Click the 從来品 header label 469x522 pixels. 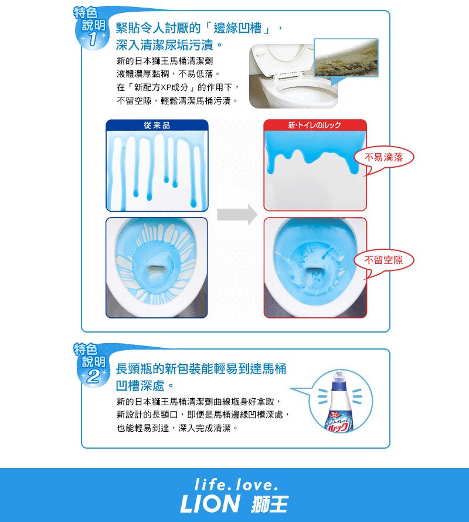click(x=157, y=125)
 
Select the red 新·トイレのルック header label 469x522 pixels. click(x=315, y=125)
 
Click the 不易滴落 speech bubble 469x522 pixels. click(x=383, y=157)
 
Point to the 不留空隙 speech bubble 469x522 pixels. click(x=383, y=260)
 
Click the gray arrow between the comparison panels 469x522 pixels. click(x=237, y=215)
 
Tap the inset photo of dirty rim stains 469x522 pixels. click(x=346, y=57)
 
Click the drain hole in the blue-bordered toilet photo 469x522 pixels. click(x=157, y=268)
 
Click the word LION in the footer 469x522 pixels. click(x=210, y=504)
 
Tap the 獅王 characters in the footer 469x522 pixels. click(x=270, y=504)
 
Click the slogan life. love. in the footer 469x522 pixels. click(x=236, y=484)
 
